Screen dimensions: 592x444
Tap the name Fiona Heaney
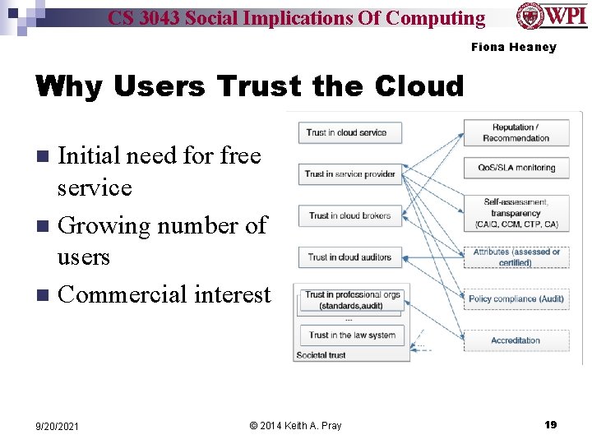(513, 47)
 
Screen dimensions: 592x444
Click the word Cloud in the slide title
(419, 86)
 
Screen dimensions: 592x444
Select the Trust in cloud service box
(346, 132)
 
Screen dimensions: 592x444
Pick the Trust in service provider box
(349, 173)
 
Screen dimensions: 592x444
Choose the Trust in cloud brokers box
(349, 215)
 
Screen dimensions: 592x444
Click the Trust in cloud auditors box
(349, 257)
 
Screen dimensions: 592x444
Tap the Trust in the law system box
(352, 335)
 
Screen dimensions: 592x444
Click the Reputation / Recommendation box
(516, 132)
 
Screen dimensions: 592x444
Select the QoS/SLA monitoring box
(516, 168)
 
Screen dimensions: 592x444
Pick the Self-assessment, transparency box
(516, 213)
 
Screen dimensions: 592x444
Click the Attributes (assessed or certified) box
(516, 257)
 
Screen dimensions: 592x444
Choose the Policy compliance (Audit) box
(516, 298)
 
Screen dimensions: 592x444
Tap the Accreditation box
(516, 340)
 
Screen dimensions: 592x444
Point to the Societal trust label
(321, 355)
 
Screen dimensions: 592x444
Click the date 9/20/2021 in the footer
(58, 426)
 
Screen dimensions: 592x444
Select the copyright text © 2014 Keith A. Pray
(295, 425)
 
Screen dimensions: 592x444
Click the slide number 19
(550, 425)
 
